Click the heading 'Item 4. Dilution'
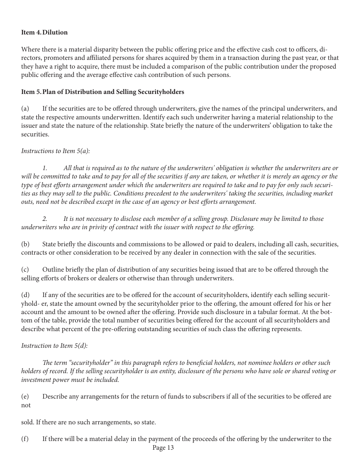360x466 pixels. click(x=44, y=33)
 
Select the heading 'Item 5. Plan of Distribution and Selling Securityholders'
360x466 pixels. click(x=103, y=92)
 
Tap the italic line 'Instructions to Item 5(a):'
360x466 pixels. click(x=55, y=151)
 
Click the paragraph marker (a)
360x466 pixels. click(x=25, y=109)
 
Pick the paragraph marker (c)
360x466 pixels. click(x=25, y=270)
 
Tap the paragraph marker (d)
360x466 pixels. click(x=25, y=295)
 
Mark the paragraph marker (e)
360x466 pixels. click(x=25, y=397)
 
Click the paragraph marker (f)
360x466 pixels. click(x=25, y=439)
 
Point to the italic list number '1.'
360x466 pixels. click(x=45, y=168)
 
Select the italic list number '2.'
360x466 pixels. click(x=45, y=219)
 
